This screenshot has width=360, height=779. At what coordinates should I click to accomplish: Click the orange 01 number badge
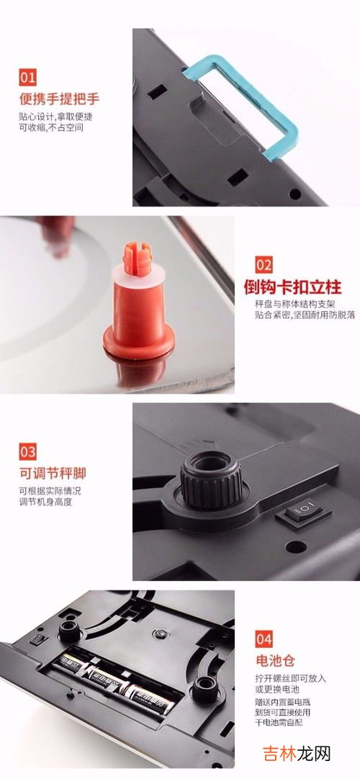tap(28, 78)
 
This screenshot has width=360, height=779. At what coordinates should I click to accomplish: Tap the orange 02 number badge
tap(264, 265)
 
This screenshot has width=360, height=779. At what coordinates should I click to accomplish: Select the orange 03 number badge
tap(28, 451)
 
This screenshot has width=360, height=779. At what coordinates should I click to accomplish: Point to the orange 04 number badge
tap(264, 639)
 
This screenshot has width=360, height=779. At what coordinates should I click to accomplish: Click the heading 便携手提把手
tap(60, 99)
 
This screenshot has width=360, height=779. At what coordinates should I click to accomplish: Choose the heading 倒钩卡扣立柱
tap(292, 287)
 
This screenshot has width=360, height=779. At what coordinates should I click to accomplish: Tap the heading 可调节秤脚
tap(53, 472)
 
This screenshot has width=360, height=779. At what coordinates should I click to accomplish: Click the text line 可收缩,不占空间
tap(51, 127)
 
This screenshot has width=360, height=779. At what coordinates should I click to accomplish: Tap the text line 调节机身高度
tap(45, 502)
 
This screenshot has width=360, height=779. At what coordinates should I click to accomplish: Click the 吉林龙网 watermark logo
tap(296, 754)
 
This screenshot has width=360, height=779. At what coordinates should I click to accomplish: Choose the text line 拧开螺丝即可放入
tap(290, 678)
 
